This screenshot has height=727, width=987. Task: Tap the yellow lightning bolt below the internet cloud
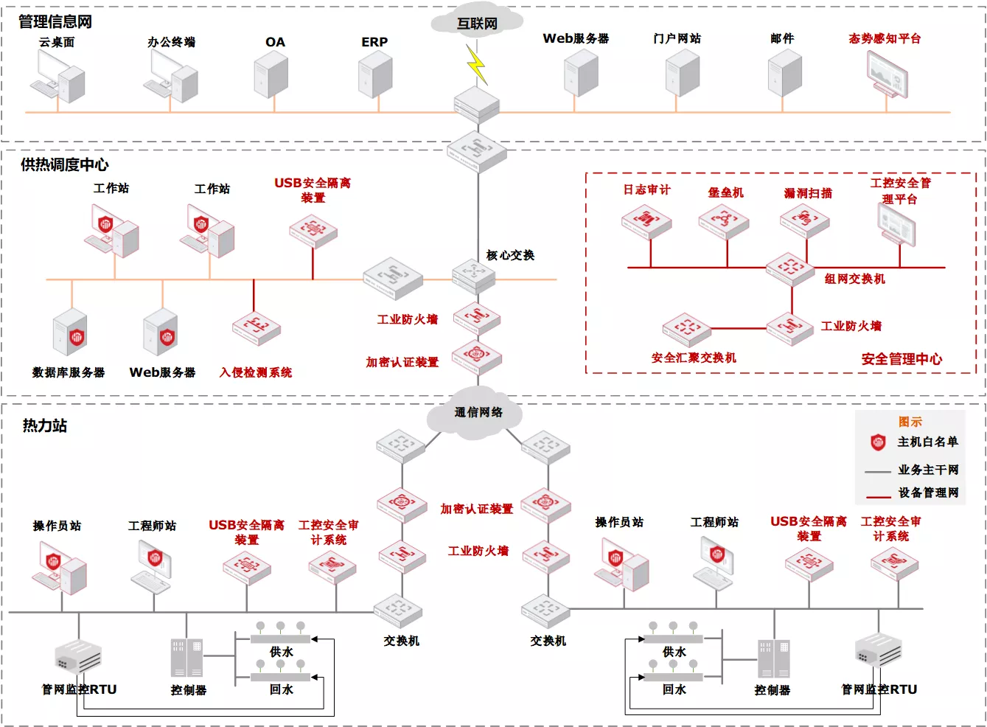(477, 64)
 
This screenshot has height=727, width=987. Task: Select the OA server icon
(271, 74)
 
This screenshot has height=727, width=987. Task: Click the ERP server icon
(375, 74)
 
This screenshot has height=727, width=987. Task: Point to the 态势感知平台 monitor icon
(887, 74)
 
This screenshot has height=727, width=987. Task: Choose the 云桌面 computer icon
(57, 76)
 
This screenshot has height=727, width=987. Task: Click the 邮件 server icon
(785, 73)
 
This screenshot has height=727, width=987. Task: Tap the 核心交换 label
(510, 255)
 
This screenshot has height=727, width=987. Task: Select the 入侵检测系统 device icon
(257, 328)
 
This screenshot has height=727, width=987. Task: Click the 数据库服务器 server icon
(69, 332)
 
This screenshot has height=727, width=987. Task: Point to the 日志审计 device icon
(646, 222)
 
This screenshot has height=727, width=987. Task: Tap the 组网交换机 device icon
(790, 269)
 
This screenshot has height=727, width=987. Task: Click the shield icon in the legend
(878, 442)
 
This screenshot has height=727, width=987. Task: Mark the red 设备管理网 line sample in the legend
(878, 497)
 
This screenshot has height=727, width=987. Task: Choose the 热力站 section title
(45, 426)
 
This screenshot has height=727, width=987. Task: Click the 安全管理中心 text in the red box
(901, 359)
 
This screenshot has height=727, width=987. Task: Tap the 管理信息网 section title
(55, 21)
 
